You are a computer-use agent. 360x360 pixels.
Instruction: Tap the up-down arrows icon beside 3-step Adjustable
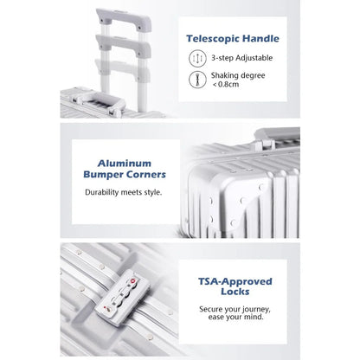pos(197,58)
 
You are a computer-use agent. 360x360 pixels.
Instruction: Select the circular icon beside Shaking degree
pos(197,80)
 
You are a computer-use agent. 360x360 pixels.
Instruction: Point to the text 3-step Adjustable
pos(241,58)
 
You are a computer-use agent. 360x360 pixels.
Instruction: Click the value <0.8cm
pos(226,85)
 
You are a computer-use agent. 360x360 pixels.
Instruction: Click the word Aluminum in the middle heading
pos(125,164)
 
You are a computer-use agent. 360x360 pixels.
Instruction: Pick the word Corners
pos(146,175)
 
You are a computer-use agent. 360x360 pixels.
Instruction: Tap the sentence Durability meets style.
pos(124,192)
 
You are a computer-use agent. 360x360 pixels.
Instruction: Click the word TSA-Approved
pos(235,281)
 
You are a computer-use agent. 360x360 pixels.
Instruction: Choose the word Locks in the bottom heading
pos(235,292)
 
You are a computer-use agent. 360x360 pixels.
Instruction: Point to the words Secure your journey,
pos(235,310)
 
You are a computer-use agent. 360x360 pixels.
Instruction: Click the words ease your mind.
pos(236,317)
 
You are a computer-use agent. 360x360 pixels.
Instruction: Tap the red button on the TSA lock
pos(133,280)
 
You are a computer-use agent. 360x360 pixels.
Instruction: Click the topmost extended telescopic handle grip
pos(124,18)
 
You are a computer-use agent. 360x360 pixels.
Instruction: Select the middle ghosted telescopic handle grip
pos(124,45)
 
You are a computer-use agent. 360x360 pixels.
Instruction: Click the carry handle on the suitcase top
pos(99,103)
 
